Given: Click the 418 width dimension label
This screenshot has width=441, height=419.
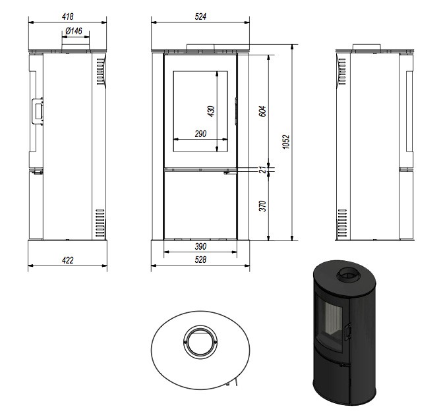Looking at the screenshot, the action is pos(68,16).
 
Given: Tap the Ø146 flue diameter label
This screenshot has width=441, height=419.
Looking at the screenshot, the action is pos(74,31).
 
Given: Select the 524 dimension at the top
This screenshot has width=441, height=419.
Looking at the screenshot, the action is pos(200,16).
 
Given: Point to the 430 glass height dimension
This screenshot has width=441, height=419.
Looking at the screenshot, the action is pos(211,111).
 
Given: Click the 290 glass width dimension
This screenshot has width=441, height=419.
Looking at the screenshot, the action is pos(200,134).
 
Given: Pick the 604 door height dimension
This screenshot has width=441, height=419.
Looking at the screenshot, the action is pos(262,111).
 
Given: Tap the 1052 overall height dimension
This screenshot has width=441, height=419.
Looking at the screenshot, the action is pos(285,142).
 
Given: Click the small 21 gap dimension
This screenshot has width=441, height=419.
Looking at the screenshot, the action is pos(262,169).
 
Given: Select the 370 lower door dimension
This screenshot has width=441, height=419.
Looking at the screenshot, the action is pos(262,206).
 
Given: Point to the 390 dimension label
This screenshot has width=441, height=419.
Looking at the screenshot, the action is pos(200,246).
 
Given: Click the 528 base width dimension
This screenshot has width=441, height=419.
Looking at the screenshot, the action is pos(200,260).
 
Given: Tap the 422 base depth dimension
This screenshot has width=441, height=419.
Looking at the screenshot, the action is pos(68,260).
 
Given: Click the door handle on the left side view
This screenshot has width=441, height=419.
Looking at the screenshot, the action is pos(38,111).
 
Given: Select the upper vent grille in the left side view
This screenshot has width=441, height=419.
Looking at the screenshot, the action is pos(100,71).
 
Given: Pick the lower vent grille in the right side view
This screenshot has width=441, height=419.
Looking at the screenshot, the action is pos(342,223).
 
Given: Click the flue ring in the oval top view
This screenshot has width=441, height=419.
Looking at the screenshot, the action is pos(200,342).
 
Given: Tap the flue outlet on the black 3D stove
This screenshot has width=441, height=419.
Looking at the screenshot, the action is pos(349,273).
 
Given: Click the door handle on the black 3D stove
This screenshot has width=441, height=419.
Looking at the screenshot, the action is pos(348,331).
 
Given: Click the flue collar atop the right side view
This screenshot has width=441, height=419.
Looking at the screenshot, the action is pos(367,47).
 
